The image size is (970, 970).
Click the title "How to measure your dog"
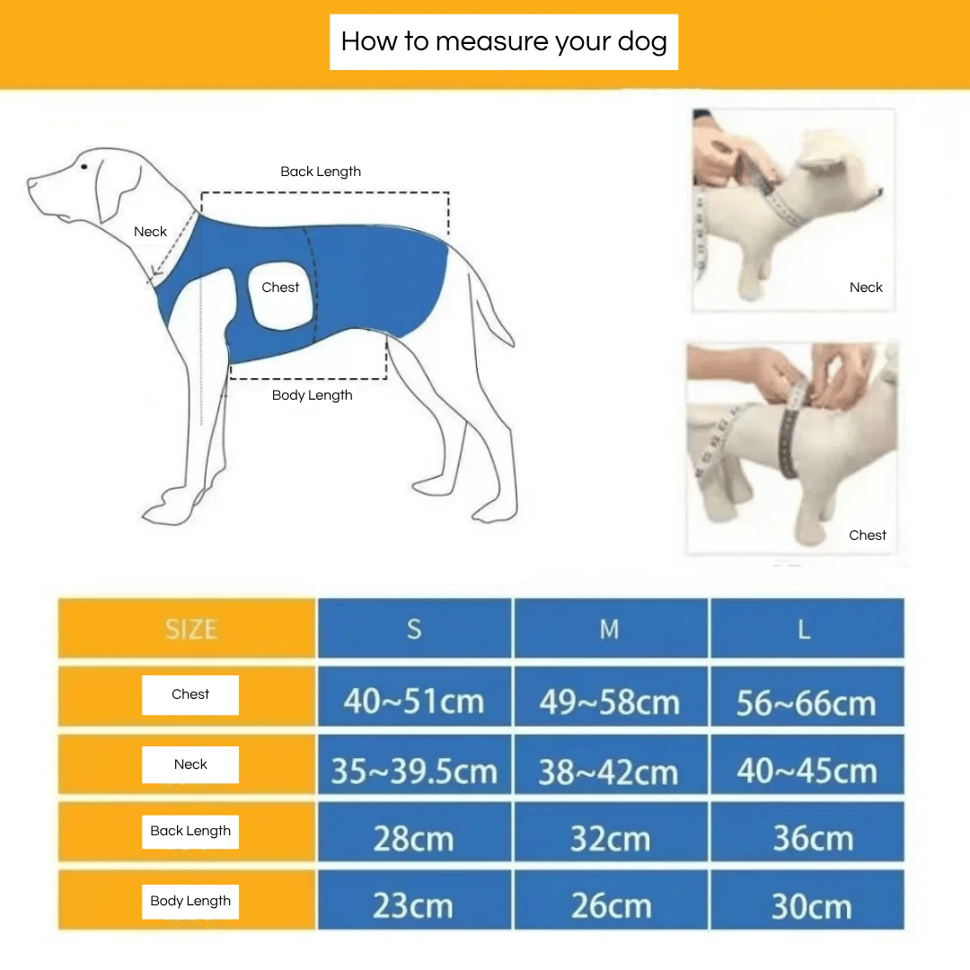[x=504, y=41]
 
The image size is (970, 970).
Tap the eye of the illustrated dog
[x=84, y=166]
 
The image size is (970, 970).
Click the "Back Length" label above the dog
[x=321, y=172]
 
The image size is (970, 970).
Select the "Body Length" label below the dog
[x=312, y=395]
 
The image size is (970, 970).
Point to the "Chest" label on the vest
[x=280, y=287]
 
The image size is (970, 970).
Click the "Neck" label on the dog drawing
[x=150, y=232]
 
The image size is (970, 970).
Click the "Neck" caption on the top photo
[x=866, y=287]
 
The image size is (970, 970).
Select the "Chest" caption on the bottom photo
[x=867, y=535]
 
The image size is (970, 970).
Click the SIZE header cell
[x=190, y=629]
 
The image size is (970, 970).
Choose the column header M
[x=610, y=629]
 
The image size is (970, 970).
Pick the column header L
[x=805, y=629]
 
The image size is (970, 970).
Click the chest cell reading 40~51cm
[x=414, y=701]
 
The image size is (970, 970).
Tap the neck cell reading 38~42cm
[x=609, y=772]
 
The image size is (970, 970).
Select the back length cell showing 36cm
[x=812, y=838]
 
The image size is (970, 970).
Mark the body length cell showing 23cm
[x=413, y=905]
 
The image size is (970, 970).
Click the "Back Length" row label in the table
[x=190, y=831]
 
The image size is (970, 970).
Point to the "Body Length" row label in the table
[x=190, y=901]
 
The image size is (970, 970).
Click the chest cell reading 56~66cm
[x=806, y=702]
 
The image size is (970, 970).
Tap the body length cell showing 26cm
[x=611, y=905]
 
